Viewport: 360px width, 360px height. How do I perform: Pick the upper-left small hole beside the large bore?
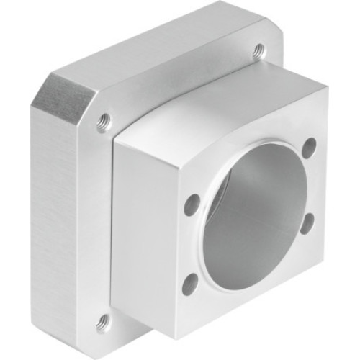[x=192, y=204]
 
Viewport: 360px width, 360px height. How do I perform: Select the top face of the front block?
[x=216, y=108]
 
